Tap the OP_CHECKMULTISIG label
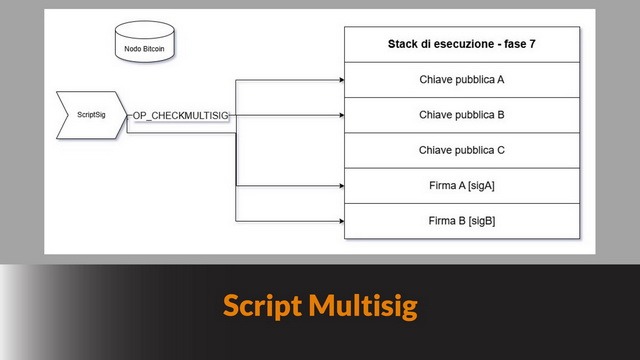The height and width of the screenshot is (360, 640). tap(181, 117)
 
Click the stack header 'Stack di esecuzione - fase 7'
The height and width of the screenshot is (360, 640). tap(461, 45)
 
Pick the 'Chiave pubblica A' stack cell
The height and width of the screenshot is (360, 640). tap(461, 79)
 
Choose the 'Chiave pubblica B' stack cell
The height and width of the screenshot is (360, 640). tap(461, 114)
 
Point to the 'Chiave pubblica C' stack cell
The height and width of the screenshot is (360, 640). tap(461, 150)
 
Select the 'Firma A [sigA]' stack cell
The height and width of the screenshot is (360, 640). tap(461, 185)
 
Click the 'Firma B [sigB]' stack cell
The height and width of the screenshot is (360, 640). tap(461, 220)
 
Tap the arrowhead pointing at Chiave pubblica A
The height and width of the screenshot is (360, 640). tap(340, 79)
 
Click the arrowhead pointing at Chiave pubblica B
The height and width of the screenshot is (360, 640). tap(340, 114)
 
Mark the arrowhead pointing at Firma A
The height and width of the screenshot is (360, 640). tap(340, 185)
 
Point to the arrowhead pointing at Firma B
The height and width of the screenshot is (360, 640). tap(340, 220)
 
